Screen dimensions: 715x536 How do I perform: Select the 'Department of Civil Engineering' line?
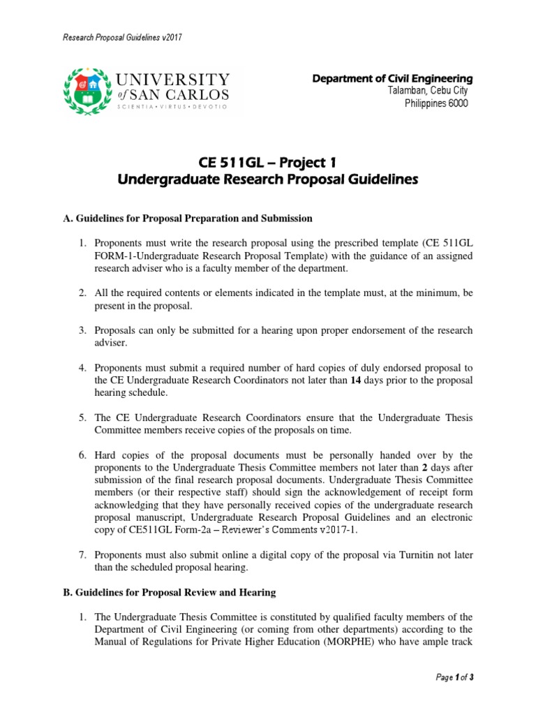[393, 79]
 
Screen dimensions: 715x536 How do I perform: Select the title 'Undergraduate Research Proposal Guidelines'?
[269, 179]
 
